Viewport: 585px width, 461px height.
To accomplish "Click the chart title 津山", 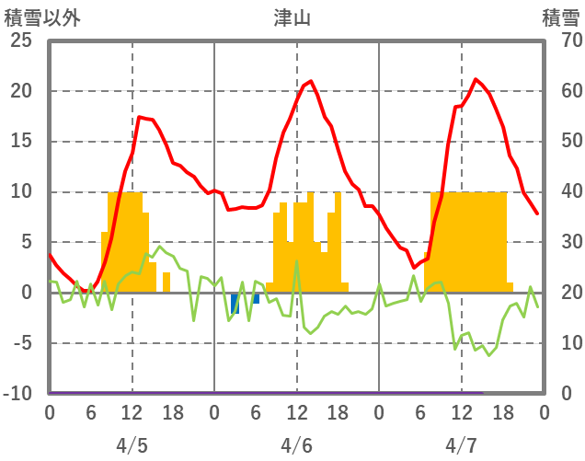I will pos(292,18).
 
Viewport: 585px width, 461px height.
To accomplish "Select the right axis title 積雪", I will pos(560,18).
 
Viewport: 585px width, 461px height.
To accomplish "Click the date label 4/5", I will pos(132,445).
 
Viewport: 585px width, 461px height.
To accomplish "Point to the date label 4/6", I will pos(296,445).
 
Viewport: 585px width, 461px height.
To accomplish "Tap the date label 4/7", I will pos(461,445).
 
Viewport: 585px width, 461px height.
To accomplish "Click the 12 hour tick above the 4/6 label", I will pos(296,411).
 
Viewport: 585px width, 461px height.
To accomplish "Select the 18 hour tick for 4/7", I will pos(502,411).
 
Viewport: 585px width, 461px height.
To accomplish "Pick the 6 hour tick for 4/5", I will pos(90,411).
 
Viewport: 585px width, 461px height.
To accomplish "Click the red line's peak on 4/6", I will pos(311,82).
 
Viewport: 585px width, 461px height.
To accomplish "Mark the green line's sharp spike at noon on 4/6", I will pos(296,261).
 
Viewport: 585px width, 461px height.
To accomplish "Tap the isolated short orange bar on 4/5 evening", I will pos(166,282).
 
